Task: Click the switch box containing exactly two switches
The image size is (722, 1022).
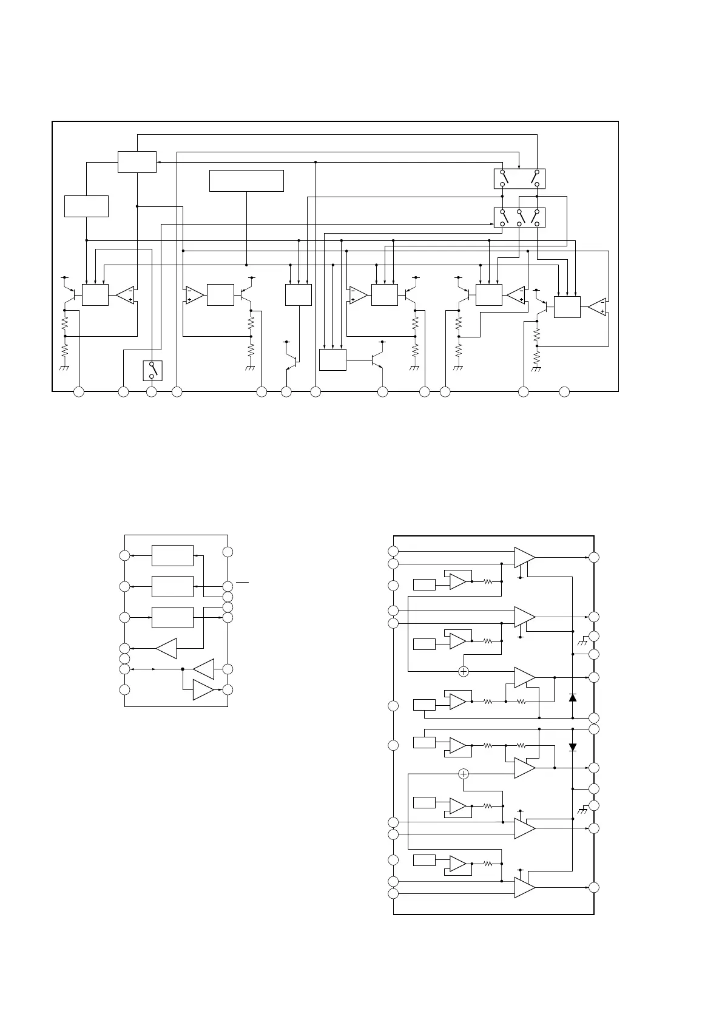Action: point(519,178)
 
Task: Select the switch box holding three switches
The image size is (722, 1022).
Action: point(519,218)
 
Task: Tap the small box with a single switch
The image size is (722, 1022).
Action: point(152,370)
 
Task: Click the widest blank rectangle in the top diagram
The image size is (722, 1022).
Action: point(246,181)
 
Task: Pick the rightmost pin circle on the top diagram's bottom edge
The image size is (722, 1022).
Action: point(564,392)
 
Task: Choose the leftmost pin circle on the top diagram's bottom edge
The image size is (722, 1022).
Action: point(78,392)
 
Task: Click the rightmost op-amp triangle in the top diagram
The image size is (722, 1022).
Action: point(598,307)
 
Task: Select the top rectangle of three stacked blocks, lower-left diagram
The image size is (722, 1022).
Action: point(172,555)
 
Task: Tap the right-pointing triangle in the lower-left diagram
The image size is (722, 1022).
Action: point(203,690)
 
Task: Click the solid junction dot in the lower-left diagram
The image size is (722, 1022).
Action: point(183,669)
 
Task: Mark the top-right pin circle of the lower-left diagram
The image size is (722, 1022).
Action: point(228,552)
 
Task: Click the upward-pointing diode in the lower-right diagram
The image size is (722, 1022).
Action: point(572,697)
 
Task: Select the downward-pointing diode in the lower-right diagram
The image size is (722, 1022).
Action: point(572,747)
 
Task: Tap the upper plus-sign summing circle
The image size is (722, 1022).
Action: point(464,671)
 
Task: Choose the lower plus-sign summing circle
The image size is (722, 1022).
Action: point(464,774)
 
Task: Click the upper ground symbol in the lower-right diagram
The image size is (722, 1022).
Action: point(582,641)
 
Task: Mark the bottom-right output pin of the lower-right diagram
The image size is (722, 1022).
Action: point(594,888)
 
